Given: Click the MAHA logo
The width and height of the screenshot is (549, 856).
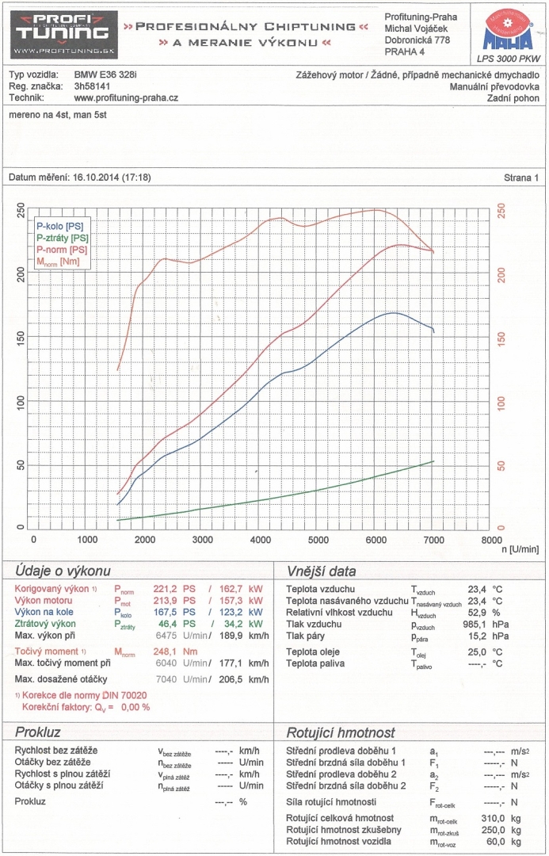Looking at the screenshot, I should tap(507, 32).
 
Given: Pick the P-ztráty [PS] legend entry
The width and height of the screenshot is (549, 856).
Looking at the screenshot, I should tap(63, 238).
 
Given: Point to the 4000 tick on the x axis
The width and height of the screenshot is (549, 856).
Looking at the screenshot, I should tap(261, 540).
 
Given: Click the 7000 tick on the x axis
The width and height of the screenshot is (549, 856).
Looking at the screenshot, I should tap(433, 540).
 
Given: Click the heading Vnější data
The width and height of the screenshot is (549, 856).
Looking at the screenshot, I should tap(321, 571).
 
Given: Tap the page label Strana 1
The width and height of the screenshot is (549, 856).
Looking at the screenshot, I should tap(520, 178).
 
